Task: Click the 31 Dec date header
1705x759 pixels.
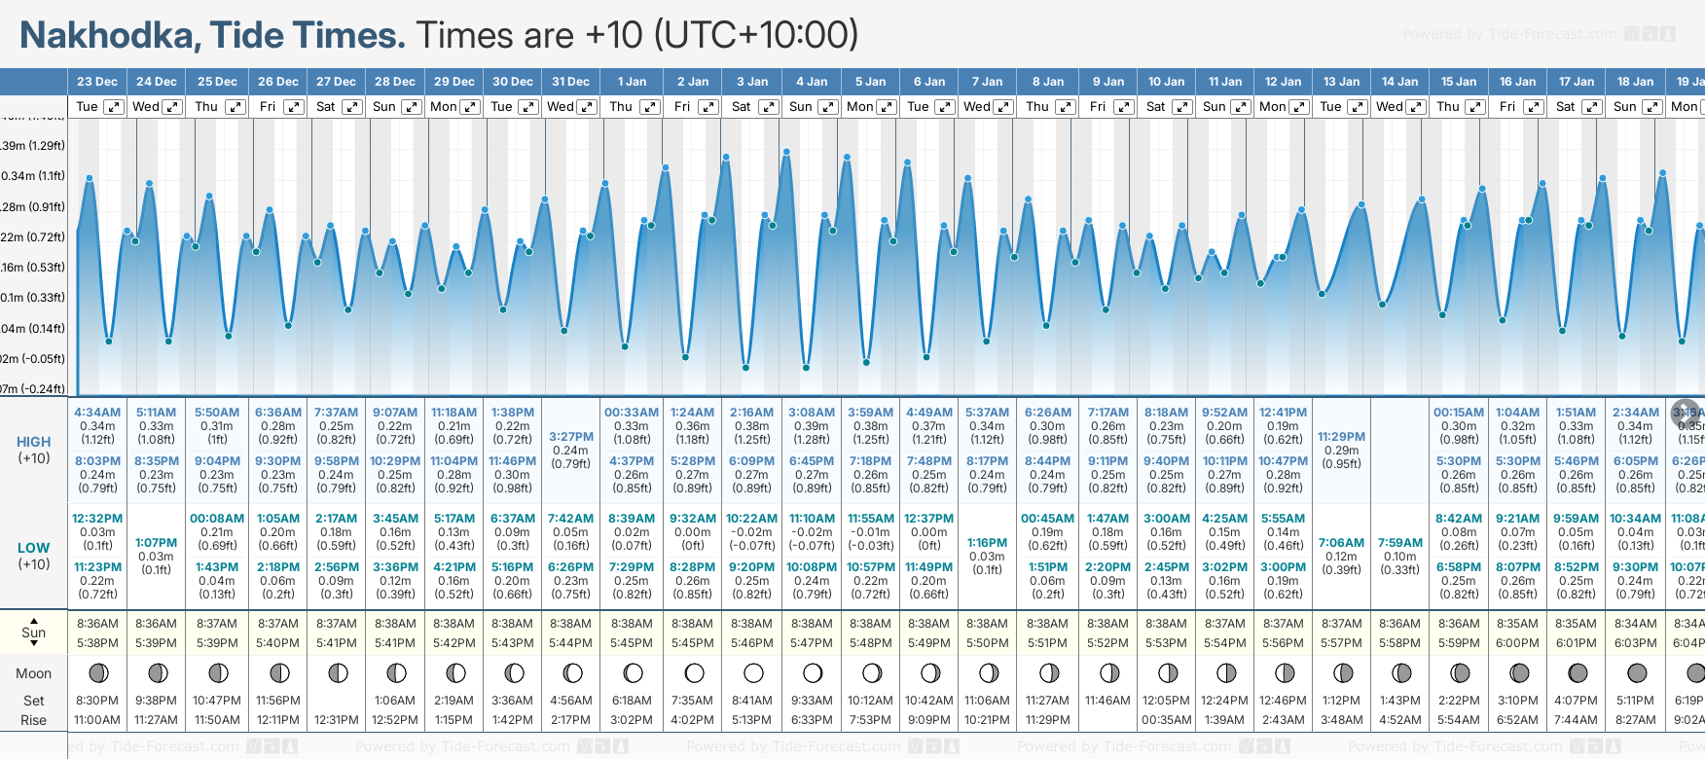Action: pyautogui.click(x=570, y=82)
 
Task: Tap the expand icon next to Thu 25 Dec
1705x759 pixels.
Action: pyautogui.click(x=236, y=107)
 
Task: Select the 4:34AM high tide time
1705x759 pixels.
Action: pyautogui.click(x=97, y=413)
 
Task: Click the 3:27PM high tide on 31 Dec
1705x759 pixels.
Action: pyautogui.click(x=570, y=437)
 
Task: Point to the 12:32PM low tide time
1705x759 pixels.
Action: pyautogui.click(x=97, y=519)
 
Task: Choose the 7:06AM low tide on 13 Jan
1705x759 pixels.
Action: pyautogui.click(x=1341, y=543)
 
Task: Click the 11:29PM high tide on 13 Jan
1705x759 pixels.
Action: pyautogui.click(x=1341, y=437)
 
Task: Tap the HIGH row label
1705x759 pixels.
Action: pyautogui.click(x=34, y=442)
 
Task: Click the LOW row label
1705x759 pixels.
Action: pyautogui.click(x=34, y=548)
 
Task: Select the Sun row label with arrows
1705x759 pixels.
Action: pyautogui.click(x=34, y=632)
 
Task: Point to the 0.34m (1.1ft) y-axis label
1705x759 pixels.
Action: pyautogui.click(x=32, y=176)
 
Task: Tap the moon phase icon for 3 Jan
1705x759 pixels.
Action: pyautogui.click(x=753, y=672)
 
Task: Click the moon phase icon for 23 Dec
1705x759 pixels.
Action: pyautogui.click(x=97, y=672)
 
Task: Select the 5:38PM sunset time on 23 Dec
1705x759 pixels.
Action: pyautogui.click(x=97, y=643)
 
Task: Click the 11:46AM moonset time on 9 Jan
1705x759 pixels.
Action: pyautogui.click(x=1107, y=701)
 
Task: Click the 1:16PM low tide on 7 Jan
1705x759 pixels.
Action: pyautogui.click(x=987, y=543)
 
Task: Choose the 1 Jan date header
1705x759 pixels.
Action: pyautogui.click(x=632, y=82)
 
